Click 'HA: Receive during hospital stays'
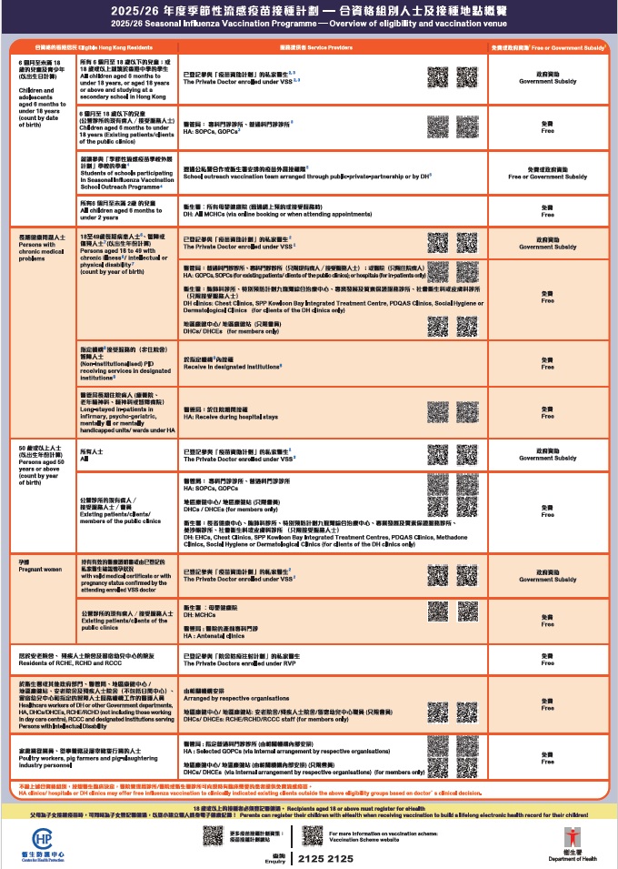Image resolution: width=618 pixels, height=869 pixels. point(233,416)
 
